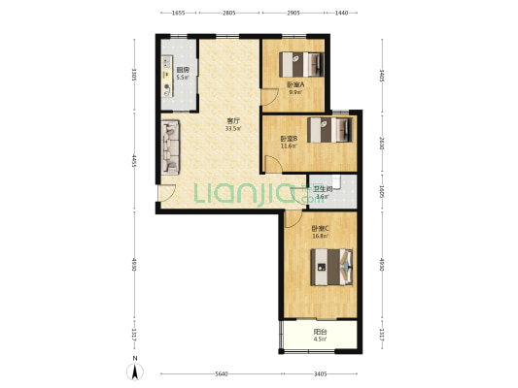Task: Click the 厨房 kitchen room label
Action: click(182, 70)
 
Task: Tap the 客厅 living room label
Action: click(233, 120)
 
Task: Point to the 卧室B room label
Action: click(289, 139)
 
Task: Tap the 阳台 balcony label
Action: click(320, 333)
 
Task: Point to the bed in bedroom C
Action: click(330, 265)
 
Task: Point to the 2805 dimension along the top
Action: click(228, 13)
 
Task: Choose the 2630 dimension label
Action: click(382, 144)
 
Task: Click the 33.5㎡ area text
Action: click(233, 128)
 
